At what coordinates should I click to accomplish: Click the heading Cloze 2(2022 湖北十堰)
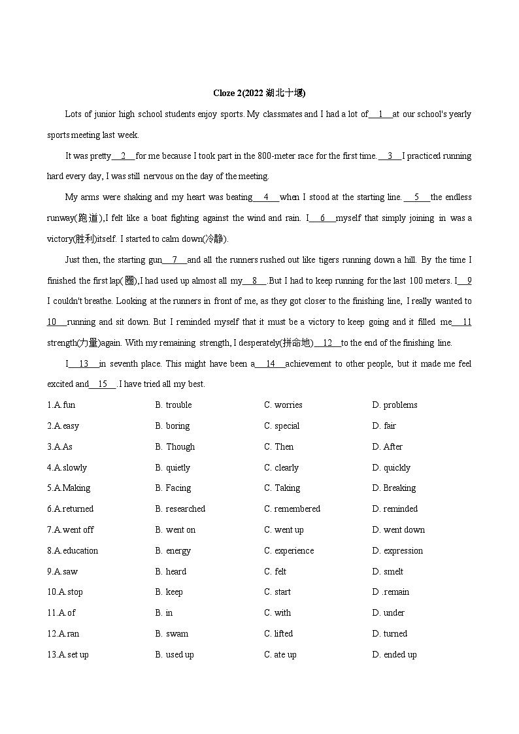(x=259, y=93)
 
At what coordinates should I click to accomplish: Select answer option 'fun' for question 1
(x=69, y=405)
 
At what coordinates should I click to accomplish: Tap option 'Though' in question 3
(x=180, y=447)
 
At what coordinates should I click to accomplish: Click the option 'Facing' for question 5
(x=178, y=488)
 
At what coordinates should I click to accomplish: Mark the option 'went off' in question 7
(x=78, y=530)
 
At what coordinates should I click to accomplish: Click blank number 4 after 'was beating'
(x=266, y=197)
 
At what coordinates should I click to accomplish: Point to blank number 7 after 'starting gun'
(x=175, y=260)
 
